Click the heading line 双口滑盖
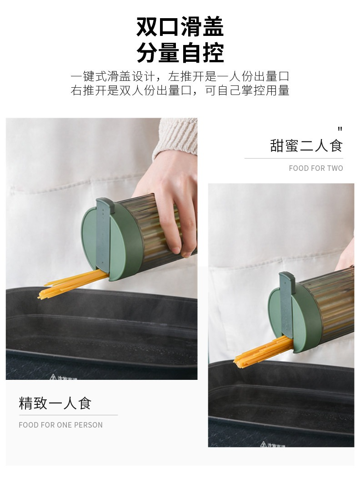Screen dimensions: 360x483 180,27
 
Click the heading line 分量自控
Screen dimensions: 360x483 180,53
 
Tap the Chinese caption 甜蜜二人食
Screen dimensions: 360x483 306,145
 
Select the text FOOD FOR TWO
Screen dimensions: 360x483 316,168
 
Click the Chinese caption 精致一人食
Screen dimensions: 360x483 55,403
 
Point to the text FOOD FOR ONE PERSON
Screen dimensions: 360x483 61,425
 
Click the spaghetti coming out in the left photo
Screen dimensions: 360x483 73,283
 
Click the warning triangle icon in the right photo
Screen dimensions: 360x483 263,444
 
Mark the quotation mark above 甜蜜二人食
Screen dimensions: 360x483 340,129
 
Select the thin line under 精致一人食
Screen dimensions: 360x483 68,415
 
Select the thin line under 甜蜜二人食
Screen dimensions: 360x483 294,158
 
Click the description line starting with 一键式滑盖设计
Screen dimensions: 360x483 180,76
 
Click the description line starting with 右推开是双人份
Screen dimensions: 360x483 180,90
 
